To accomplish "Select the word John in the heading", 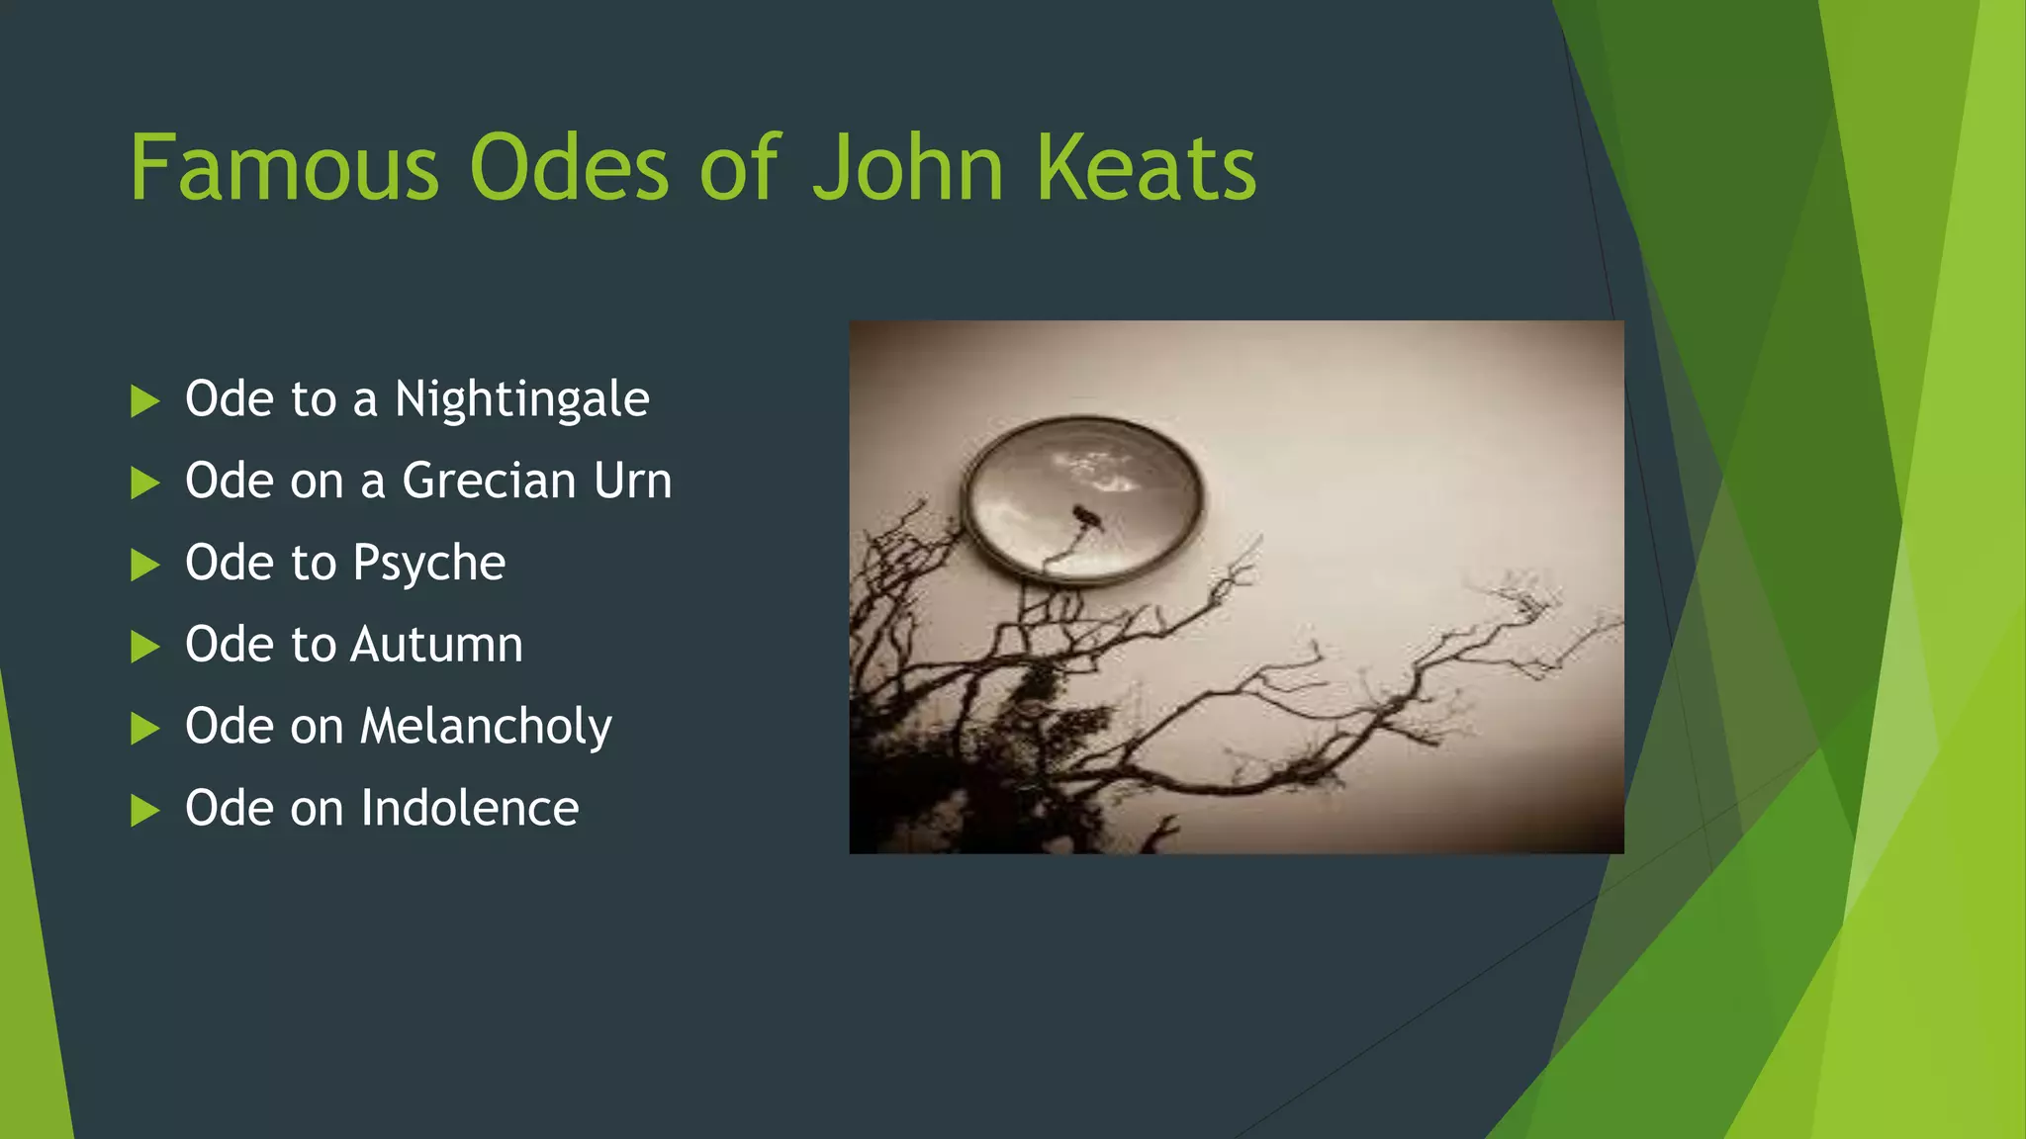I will [908, 168].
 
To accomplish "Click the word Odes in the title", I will [570, 168].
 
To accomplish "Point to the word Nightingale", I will [522, 400].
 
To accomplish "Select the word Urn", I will [632, 482].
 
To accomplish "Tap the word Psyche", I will [429, 564].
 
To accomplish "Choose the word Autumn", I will [436, 645].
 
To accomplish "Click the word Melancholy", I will [486, 728].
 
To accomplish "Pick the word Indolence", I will [470, 809].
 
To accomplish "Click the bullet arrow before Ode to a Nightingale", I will [144, 401].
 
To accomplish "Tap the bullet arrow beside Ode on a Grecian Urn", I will [144, 483].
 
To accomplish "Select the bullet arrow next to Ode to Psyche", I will [144, 566].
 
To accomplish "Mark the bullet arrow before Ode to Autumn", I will [144, 647].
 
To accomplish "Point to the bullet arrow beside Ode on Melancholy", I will [144, 729].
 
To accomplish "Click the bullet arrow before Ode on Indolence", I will [144, 811].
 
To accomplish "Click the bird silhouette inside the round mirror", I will [1087, 517].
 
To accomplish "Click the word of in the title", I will [740, 168].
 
